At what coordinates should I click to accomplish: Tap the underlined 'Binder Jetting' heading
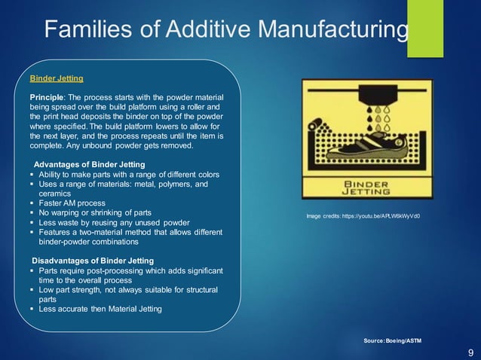pyautogui.click(x=57, y=78)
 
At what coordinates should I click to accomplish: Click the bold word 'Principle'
pyautogui.click(x=47, y=99)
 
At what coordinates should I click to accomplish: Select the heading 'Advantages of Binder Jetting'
pyautogui.click(x=89, y=165)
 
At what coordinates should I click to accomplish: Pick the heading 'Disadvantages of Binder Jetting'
pyautogui.click(x=92, y=261)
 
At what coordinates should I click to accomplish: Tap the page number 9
pyautogui.click(x=470, y=352)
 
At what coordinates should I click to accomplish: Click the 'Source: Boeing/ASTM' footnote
pyautogui.click(x=393, y=341)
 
